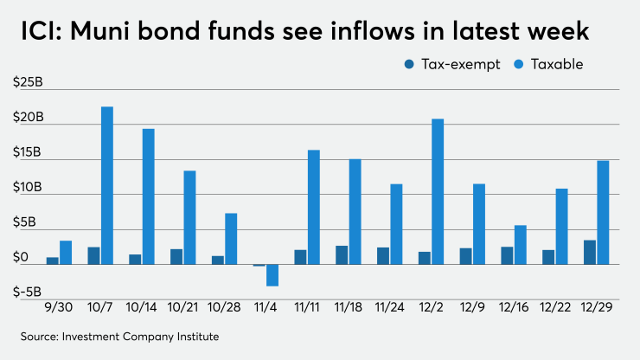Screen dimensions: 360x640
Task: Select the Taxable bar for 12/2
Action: click(438, 191)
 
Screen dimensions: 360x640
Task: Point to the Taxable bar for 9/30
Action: click(66, 253)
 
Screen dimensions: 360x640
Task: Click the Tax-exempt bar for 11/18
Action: click(342, 255)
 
